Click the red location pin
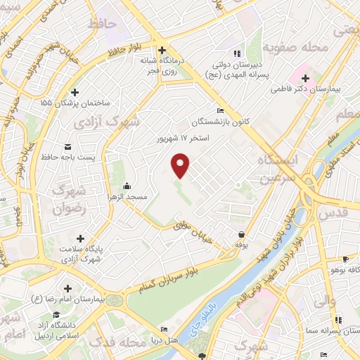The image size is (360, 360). click(181, 165)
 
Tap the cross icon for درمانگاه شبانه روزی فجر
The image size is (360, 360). click(162, 50)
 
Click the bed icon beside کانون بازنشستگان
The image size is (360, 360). click(221, 110)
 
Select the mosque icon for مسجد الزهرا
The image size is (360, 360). click(126, 186)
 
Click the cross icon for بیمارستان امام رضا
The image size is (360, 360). click(67, 288)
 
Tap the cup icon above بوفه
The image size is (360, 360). click(242, 234)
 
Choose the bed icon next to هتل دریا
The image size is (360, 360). click(164, 329)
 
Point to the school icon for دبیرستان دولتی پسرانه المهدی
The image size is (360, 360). click(237, 52)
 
